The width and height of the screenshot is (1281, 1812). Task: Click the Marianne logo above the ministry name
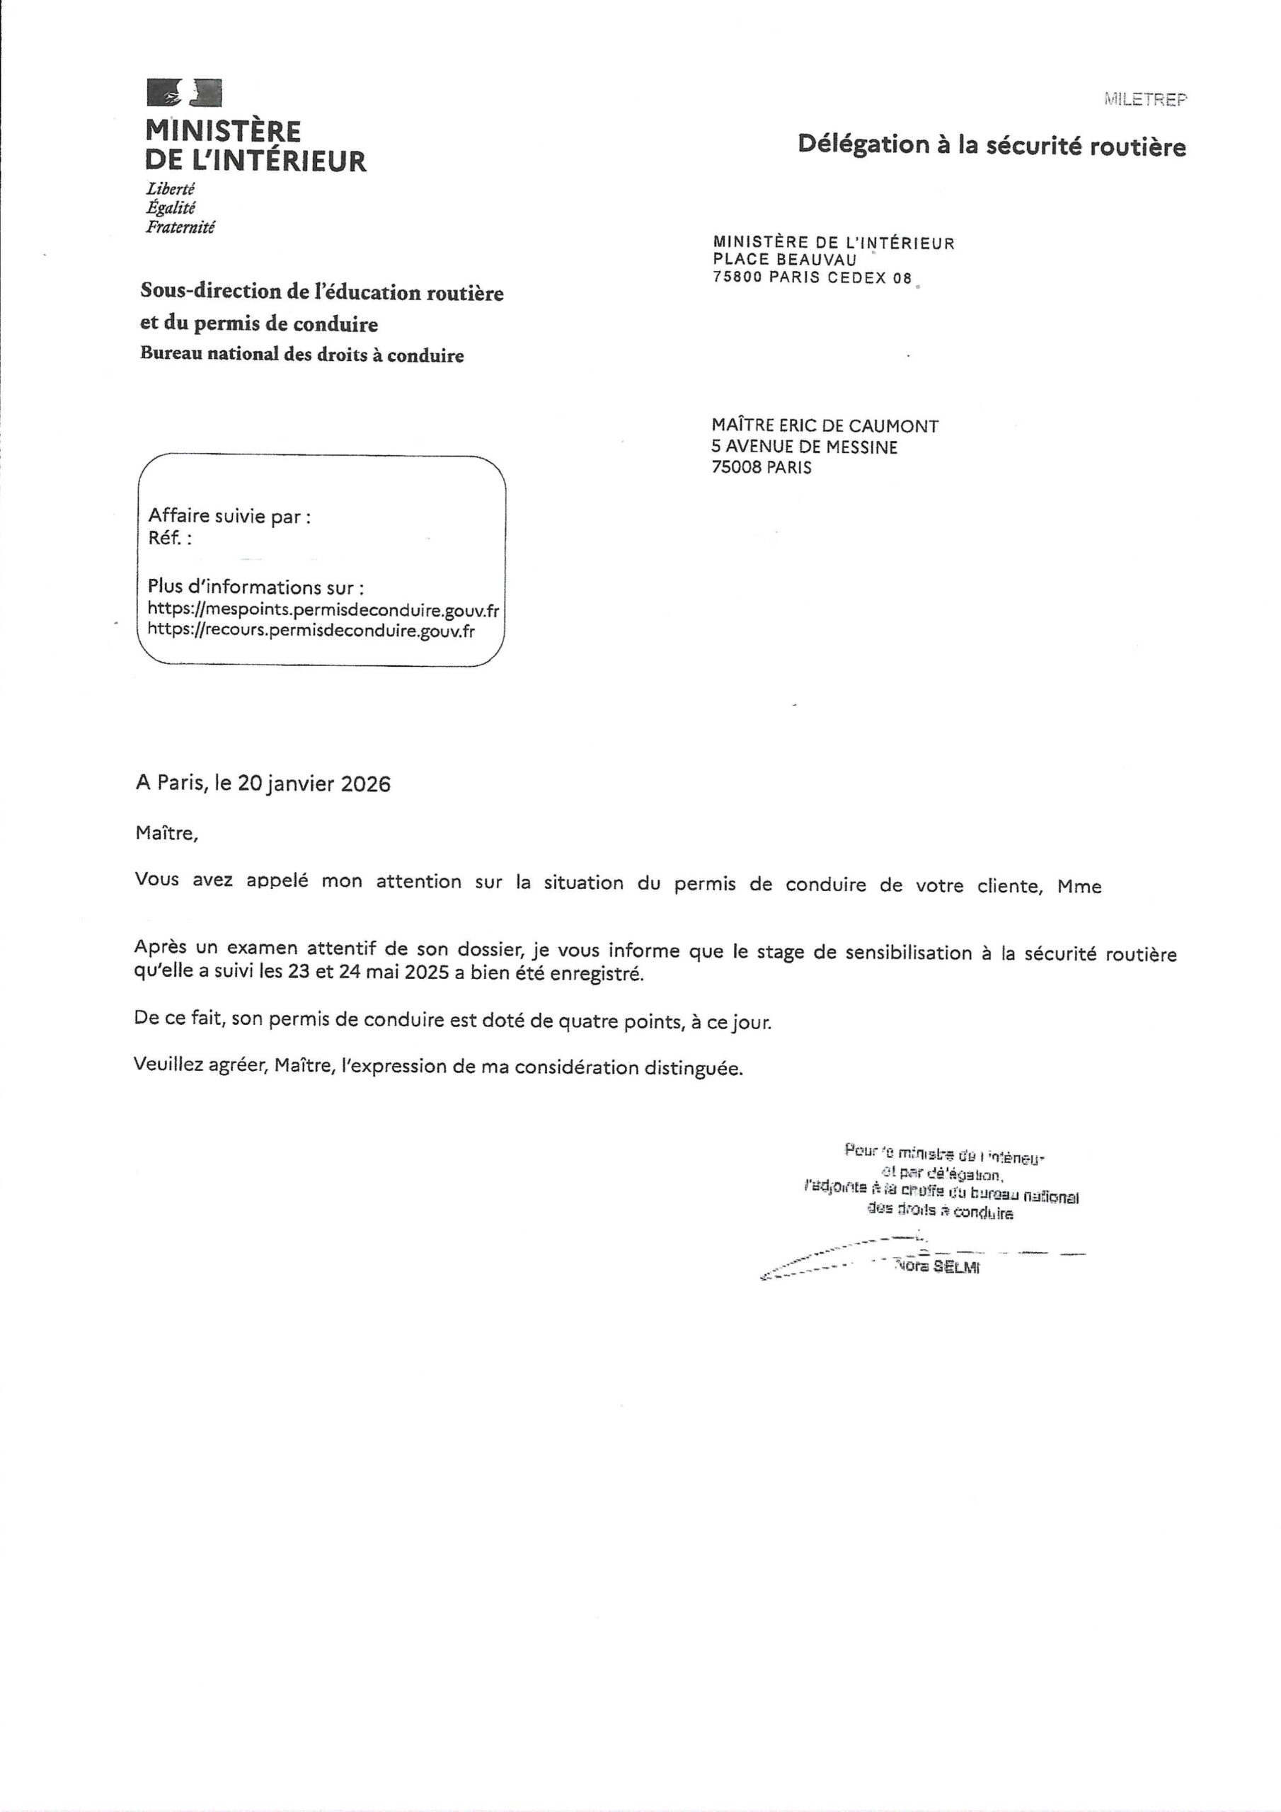pyautogui.click(x=184, y=93)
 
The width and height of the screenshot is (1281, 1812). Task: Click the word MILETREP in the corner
pyautogui.click(x=1144, y=99)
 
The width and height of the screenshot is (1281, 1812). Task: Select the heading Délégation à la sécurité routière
pyautogui.click(x=992, y=145)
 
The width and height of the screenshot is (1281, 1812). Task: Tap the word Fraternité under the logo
pyautogui.click(x=180, y=227)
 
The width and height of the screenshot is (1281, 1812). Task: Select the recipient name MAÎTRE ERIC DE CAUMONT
pyautogui.click(x=825, y=426)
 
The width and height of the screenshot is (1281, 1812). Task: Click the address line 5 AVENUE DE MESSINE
pyautogui.click(x=804, y=447)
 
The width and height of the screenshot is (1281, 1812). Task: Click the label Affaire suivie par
pyautogui.click(x=229, y=516)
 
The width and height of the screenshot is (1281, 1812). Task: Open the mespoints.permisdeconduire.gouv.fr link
pyautogui.click(x=323, y=610)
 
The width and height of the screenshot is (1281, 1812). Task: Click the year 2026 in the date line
pyautogui.click(x=365, y=784)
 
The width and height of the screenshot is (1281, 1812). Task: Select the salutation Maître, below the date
pyautogui.click(x=166, y=832)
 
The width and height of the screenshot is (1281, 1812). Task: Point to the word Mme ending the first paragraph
pyautogui.click(x=1079, y=886)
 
